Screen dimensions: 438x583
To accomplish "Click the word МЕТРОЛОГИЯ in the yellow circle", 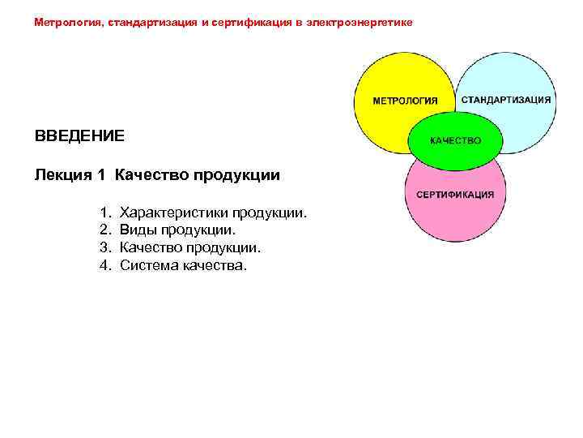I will tap(405, 101).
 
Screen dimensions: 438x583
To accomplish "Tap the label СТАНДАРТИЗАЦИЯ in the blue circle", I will tap(507, 100).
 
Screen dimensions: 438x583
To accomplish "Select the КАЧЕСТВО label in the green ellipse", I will tap(455, 140).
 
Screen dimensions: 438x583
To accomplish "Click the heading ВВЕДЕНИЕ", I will tap(79, 135).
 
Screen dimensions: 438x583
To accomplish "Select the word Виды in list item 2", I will tap(135, 230).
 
